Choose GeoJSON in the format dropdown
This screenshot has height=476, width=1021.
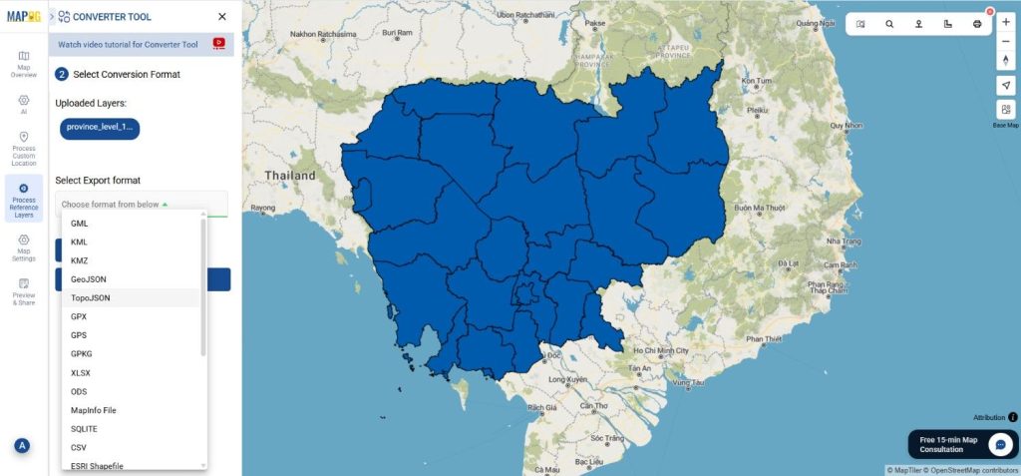click(x=89, y=279)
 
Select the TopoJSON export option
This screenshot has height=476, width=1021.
click(x=91, y=298)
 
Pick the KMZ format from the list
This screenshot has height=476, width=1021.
click(x=80, y=260)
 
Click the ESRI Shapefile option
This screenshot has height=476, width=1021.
click(x=97, y=466)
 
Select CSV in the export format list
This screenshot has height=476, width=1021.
click(x=80, y=448)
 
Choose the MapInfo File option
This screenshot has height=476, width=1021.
click(x=94, y=410)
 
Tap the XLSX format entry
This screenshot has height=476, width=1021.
click(x=82, y=372)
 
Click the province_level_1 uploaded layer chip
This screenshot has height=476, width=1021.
click(x=99, y=128)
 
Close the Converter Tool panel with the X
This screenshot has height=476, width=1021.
click(x=221, y=17)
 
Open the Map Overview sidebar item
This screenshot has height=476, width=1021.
click(x=24, y=63)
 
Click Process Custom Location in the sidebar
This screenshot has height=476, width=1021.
click(x=24, y=148)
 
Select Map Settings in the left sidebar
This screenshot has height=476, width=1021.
click(x=24, y=247)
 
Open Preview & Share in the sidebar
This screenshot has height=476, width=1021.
click(x=24, y=290)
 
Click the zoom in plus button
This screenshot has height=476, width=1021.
click(x=1005, y=22)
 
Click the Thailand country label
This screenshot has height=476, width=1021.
click(x=289, y=176)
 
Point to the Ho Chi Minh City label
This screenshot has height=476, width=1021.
click(x=654, y=351)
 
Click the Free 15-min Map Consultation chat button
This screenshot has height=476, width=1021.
click(x=962, y=444)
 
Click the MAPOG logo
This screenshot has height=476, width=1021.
click(x=22, y=16)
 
